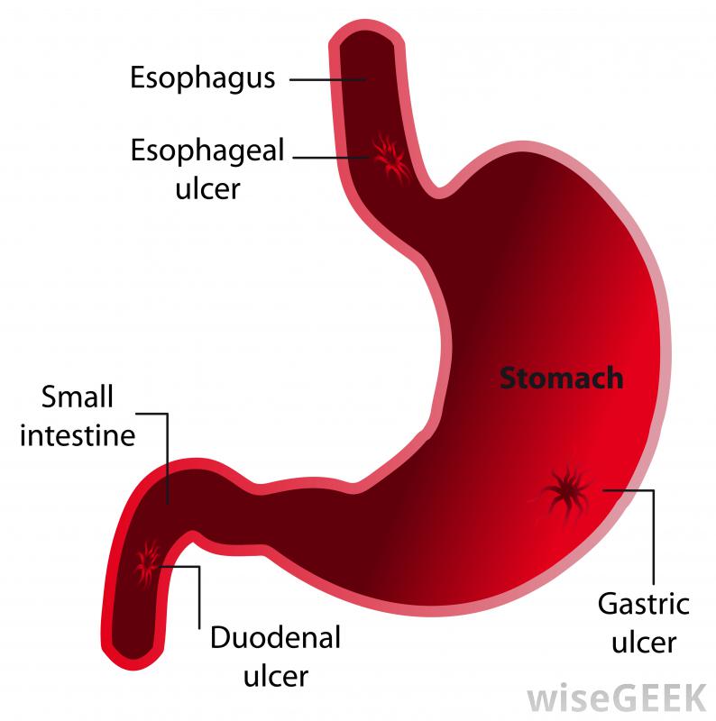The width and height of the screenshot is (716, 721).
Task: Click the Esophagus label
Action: point(202,78)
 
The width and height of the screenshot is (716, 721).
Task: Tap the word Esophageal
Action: point(207,150)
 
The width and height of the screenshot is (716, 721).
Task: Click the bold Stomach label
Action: point(561,377)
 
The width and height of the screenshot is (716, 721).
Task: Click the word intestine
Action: point(78,436)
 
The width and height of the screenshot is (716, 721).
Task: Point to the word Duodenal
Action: point(275,638)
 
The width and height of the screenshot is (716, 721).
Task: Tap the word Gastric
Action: point(643,603)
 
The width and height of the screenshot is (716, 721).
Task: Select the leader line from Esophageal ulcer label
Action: point(334,159)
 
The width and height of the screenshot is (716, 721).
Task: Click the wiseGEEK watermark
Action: point(617,697)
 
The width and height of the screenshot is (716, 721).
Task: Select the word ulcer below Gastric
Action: point(643,643)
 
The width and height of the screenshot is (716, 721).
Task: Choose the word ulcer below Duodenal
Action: point(276,675)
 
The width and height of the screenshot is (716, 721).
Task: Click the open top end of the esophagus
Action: point(363,36)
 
